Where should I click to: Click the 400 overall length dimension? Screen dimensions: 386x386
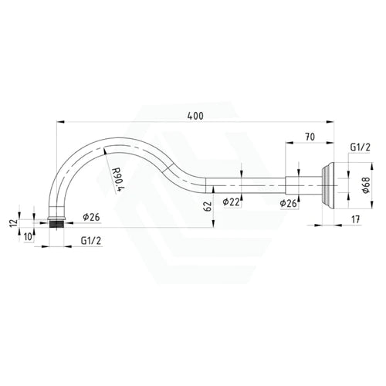coord(195,116)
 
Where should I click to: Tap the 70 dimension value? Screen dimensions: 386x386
coord(310,137)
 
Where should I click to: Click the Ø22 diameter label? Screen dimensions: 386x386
coord(231,202)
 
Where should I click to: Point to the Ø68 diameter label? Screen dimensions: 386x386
coord(366,185)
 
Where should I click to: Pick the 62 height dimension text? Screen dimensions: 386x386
coord(208,206)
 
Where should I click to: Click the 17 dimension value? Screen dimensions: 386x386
coord(355,219)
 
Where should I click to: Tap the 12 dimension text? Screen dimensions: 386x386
coord(13,222)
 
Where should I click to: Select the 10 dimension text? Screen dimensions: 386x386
coord(29,237)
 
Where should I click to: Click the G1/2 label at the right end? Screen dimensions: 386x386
coord(360,147)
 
